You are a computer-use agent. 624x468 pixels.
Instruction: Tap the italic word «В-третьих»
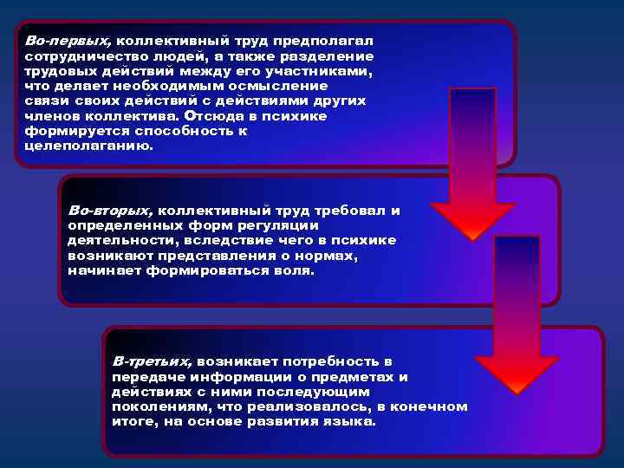[153, 361]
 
